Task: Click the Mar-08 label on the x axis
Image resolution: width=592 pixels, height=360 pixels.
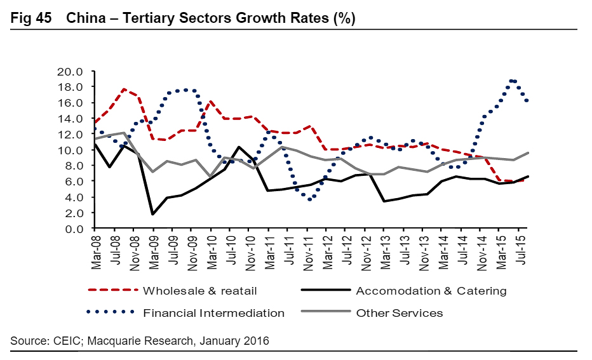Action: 95,250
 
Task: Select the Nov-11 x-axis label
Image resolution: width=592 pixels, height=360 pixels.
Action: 307,250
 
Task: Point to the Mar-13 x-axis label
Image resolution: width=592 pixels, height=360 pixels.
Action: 384,250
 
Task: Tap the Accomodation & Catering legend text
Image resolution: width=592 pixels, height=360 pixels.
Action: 431,291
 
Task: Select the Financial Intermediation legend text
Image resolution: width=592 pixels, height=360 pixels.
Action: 214,312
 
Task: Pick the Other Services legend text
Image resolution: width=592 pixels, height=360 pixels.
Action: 400,312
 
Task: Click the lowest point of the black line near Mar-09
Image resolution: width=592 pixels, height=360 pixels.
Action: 153,214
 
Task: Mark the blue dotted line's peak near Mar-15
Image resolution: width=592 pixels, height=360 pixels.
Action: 511,81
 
